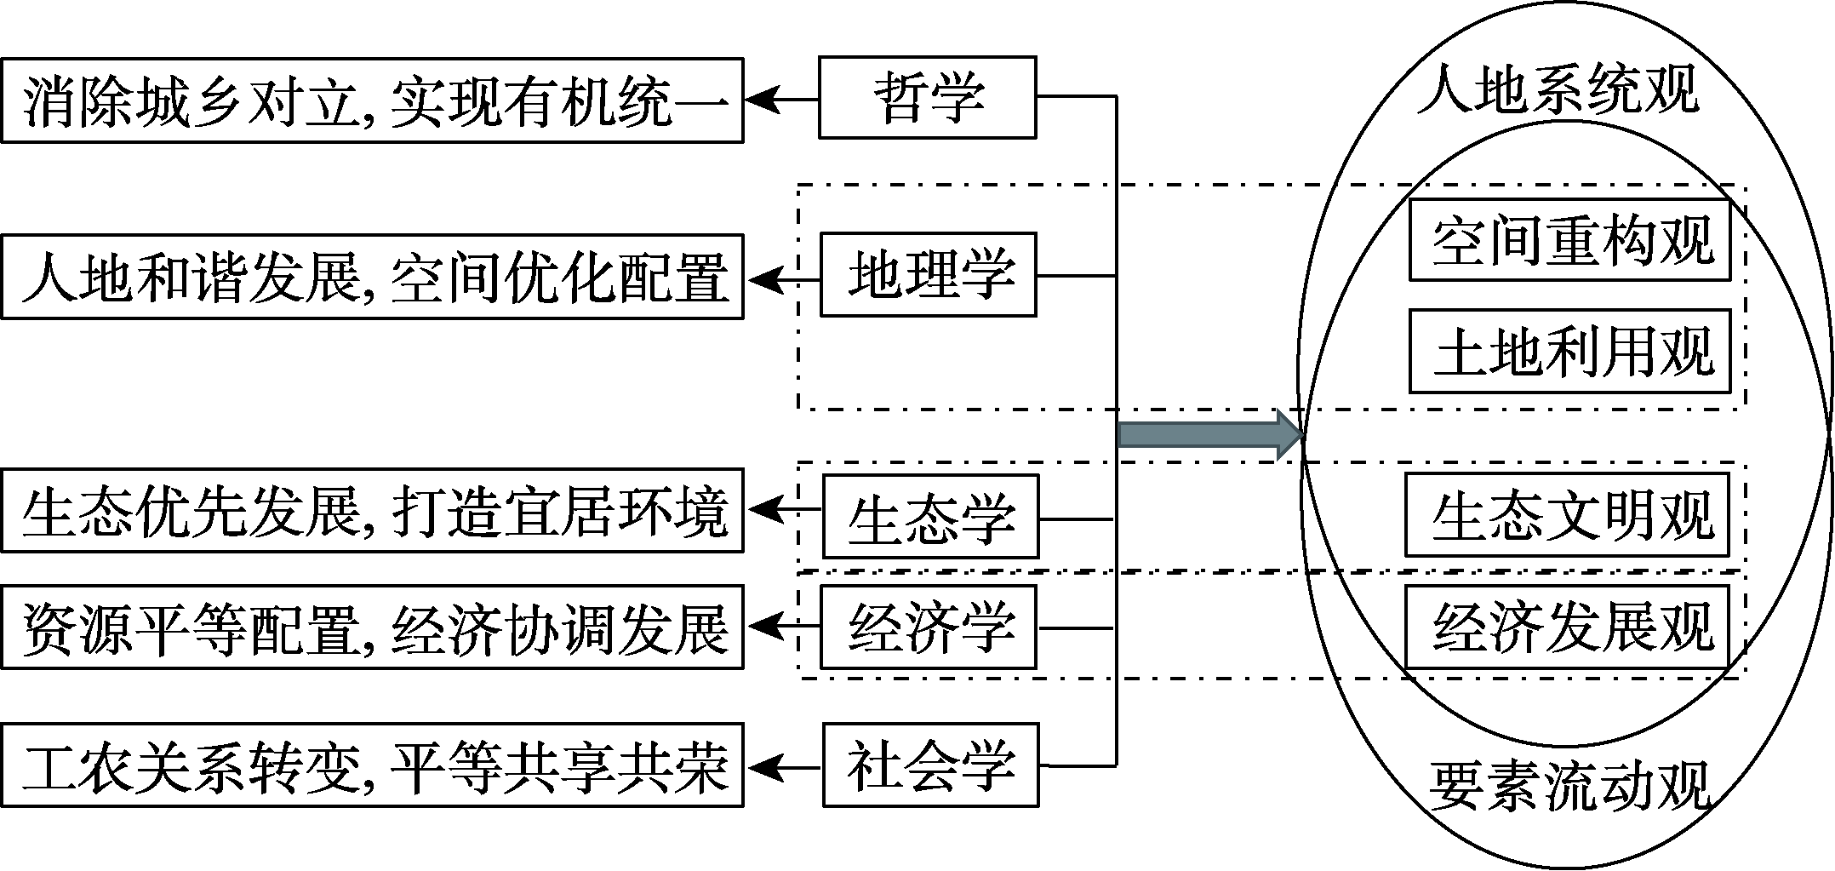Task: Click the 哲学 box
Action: [x=927, y=97]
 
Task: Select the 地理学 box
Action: [x=928, y=275]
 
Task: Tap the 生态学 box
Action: [x=930, y=517]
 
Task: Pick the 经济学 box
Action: [x=928, y=627]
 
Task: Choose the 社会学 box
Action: [x=930, y=765]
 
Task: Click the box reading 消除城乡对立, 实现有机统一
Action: [x=372, y=100]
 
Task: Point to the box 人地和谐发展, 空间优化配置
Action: [x=372, y=277]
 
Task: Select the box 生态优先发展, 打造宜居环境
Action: [x=372, y=511]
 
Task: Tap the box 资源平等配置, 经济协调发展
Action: [x=372, y=627]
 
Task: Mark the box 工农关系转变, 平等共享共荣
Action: [x=372, y=765]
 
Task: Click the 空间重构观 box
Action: [x=1569, y=240]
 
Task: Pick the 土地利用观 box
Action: [x=1569, y=351]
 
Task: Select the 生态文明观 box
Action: [x=1566, y=515]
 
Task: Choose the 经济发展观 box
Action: [x=1566, y=627]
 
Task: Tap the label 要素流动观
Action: [x=1569, y=785]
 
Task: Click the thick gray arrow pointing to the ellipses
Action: [x=1209, y=434]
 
